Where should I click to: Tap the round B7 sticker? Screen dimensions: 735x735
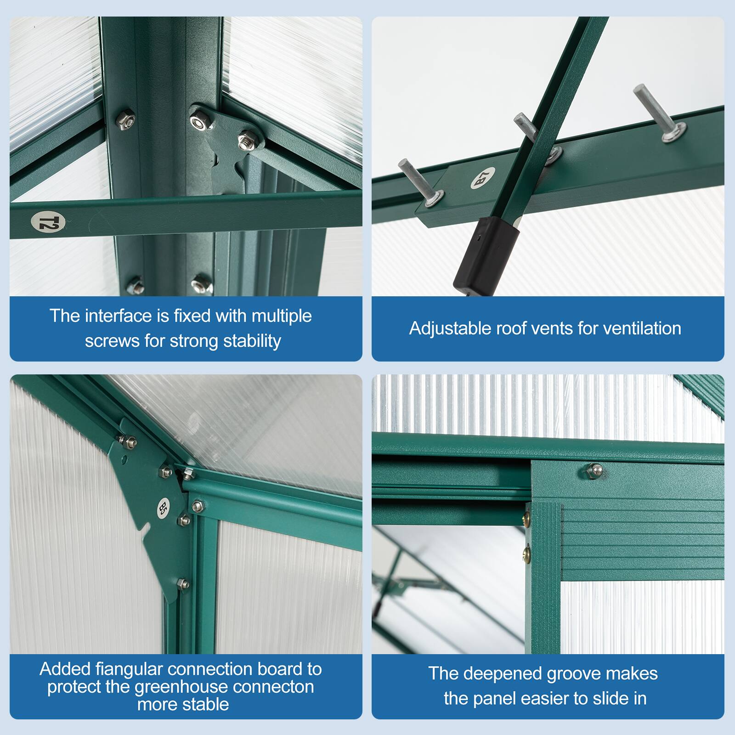(x=483, y=178)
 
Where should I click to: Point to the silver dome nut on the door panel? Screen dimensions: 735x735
(x=595, y=469)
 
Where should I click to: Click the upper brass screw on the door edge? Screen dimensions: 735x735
(x=526, y=519)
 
